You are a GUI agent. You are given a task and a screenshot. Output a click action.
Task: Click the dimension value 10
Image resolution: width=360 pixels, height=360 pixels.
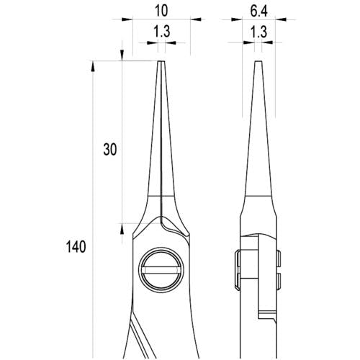pos(161,11)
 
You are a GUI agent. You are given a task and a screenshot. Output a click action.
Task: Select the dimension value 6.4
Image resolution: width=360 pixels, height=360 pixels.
pos(258,11)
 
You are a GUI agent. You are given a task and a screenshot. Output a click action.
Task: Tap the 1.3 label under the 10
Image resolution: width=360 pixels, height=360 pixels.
pos(162,32)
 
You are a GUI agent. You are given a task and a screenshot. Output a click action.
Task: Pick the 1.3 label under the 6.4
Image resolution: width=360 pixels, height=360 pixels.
pos(258,32)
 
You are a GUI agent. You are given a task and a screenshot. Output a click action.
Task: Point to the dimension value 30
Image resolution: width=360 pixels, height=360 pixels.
pos(110,149)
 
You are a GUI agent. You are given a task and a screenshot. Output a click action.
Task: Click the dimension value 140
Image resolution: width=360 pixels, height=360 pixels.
pos(76,247)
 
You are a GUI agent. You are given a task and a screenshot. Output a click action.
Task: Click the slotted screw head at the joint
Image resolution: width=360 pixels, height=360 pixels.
pos(161,270)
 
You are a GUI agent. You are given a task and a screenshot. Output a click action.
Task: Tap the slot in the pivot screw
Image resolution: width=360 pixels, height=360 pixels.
pos(161,270)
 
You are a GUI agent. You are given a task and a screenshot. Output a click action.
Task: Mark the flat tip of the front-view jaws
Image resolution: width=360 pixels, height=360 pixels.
pos(161,61)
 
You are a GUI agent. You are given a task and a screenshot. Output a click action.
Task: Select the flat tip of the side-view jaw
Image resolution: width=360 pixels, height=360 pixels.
pos(258,61)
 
